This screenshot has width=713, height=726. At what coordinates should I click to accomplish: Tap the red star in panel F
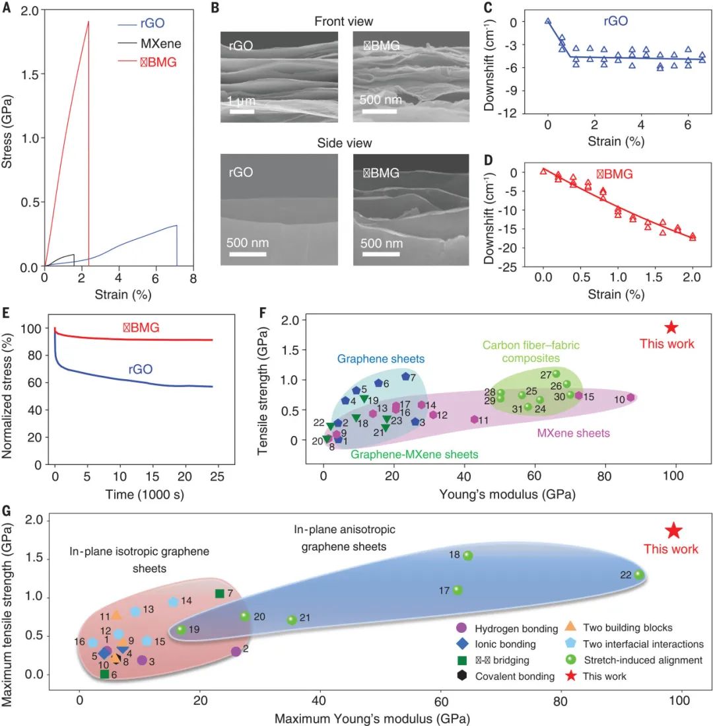pos(671,327)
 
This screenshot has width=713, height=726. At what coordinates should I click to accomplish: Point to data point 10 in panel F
pos(630,398)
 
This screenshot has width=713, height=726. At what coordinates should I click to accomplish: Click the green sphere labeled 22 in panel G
pos(639,575)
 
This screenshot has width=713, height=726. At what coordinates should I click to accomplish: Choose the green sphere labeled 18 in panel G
pos(467,556)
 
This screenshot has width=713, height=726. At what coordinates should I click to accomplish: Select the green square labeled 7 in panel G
pos(220,593)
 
